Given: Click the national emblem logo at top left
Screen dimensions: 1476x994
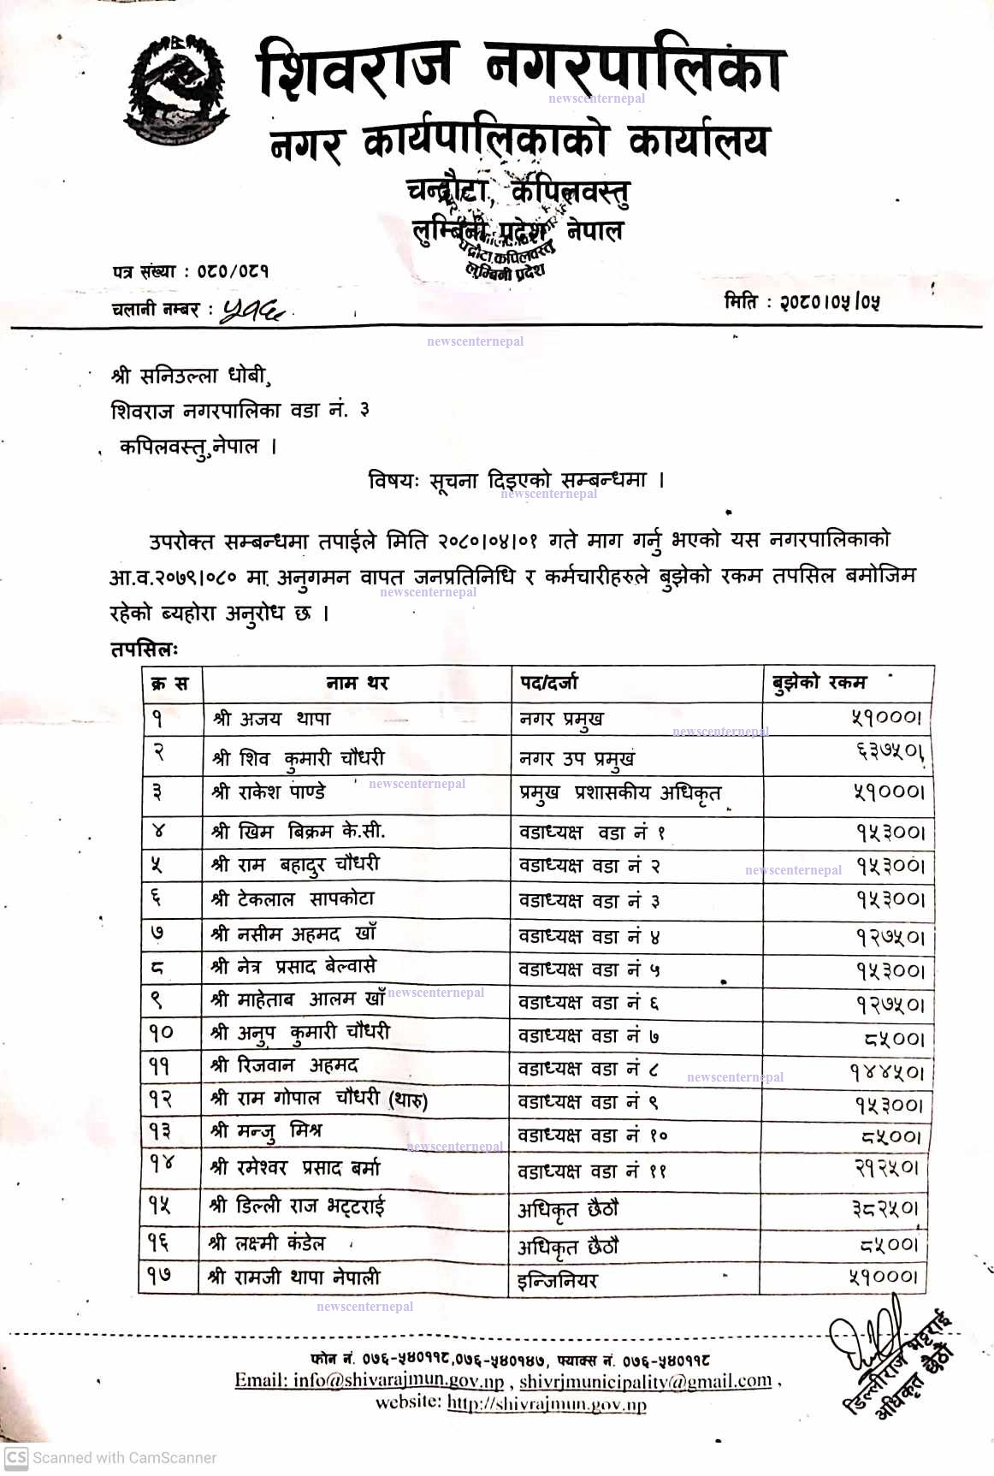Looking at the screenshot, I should pyautogui.click(x=177, y=88).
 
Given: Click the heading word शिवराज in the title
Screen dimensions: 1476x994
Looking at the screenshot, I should pyautogui.click(x=357, y=68).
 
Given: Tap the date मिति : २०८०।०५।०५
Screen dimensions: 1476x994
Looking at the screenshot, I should pyautogui.click(x=802, y=301).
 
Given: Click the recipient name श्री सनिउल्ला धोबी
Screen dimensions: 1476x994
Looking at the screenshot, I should pyautogui.click(x=189, y=375).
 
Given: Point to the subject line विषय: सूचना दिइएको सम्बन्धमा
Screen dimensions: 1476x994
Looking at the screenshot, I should pyautogui.click(x=516, y=480).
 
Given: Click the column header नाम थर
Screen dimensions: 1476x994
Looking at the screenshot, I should pyautogui.click(x=357, y=683).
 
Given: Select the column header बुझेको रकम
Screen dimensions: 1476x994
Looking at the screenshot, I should pyautogui.click(x=819, y=682).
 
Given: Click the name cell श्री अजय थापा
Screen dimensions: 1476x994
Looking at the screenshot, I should pyautogui.click(x=272, y=719).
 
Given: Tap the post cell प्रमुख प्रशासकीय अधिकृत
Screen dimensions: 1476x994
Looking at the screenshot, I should pyautogui.click(x=620, y=793).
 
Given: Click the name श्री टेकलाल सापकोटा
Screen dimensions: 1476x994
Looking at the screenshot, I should pyautogui.click(x=293, y=899).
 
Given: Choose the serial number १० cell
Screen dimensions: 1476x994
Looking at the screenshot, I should pyautogui.click(x=161, y=1033).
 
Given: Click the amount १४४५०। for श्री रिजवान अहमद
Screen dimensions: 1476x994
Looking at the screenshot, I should pyautogui.click(x=886, y=1072).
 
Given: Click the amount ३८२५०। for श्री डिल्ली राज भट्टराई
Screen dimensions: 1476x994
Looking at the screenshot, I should pyautogui.click(x=885, y=1208).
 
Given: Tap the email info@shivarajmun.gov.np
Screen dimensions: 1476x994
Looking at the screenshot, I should pyautogui.click(x=370, y=1380).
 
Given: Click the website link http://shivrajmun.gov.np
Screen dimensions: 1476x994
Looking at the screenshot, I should pyautogui.click(x=547, y=1403).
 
